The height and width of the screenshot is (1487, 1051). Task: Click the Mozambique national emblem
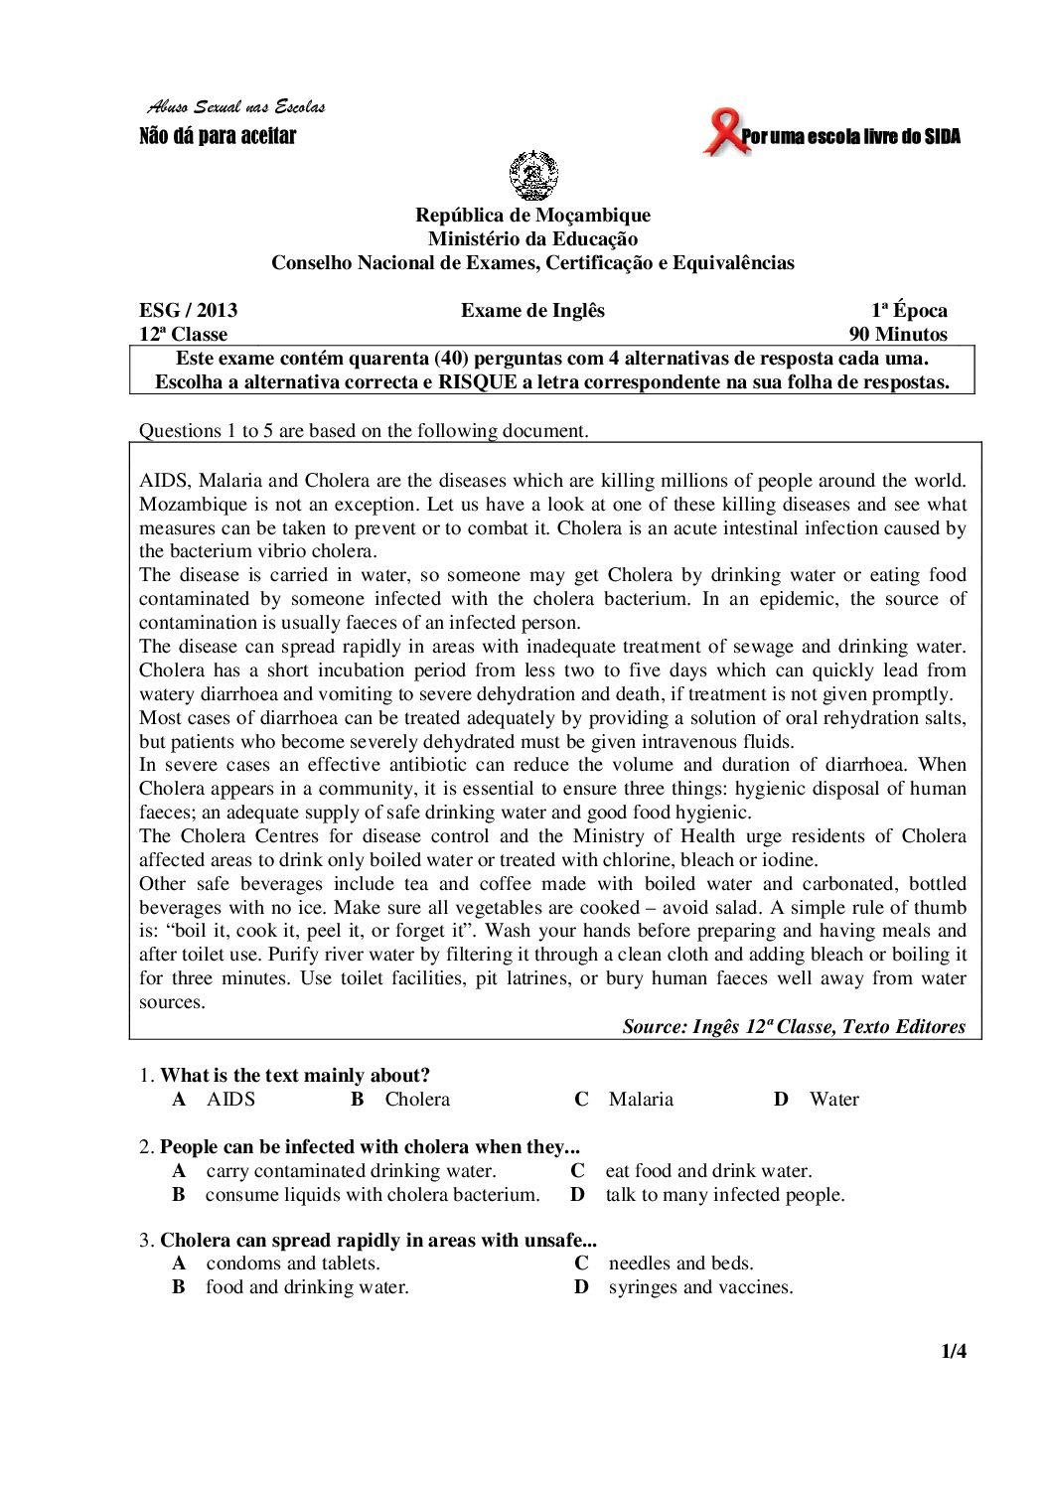click(x=532, y=177)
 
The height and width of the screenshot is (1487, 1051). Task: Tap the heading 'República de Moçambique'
click(x=532, y=216)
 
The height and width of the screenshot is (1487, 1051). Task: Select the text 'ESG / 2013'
click(x=188, y=310)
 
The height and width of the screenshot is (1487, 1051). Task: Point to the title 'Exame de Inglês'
click(x=532, y=310)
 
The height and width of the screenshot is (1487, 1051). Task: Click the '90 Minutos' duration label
click(x=898, y=335)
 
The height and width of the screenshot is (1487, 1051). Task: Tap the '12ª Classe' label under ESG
click(x=183, y=335)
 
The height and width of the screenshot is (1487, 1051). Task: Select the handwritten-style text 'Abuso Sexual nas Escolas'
click(x=235, y=107)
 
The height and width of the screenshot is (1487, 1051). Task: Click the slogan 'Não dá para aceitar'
click(x=218, y=136)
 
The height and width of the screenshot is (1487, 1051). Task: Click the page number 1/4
click(x=954, y=1351)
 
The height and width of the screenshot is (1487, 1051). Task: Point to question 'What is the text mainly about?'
click(x=295, y=1075)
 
